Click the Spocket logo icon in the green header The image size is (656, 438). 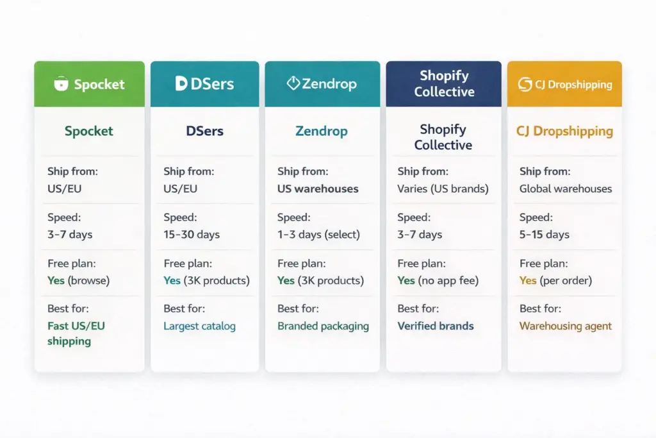(x=61, y=84)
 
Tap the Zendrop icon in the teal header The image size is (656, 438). (x=293, y=83)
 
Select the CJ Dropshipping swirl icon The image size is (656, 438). (x=525, y=84)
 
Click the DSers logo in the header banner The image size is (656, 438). (x=204, y=83)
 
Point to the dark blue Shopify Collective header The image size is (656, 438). (x=443, y=83)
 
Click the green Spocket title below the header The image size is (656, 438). (x=88, y=131)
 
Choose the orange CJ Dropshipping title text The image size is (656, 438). (x=564, y=131)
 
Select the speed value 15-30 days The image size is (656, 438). (x=192, y=234)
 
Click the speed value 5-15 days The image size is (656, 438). (x=544, y=234)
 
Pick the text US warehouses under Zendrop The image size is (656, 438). (x=318, y=189)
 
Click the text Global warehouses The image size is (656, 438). (x=565, y=189)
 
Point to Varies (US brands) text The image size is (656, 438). (x=443, y=189)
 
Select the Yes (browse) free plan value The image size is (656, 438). (x=79, y=280)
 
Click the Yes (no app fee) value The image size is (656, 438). (x=438, y=280)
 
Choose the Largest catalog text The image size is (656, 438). (x=199, y=326)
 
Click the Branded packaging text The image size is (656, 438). (x=323, y=326)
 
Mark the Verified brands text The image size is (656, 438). (x=435, y=326)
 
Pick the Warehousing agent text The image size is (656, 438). (x=565, y=326)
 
